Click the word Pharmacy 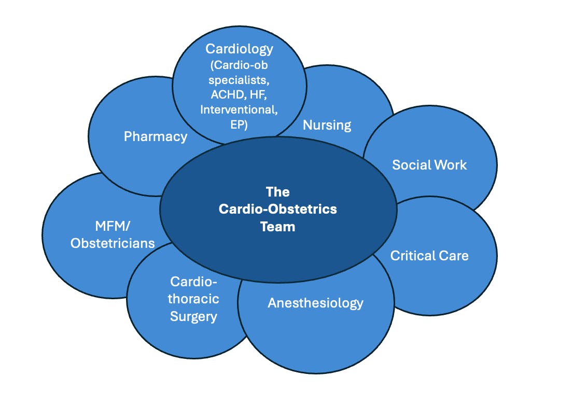pos(155,136)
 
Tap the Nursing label pos(327,125)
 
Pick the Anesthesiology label pos(315,303)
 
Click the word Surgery pos(193,316)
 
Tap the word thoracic pos(193,299)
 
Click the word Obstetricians pos(113,243)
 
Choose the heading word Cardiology pos(239,49)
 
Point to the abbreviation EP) pos(239,124)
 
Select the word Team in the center pos(277,226)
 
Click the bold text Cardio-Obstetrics pos(277,209)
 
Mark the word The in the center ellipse pos(277,192)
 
